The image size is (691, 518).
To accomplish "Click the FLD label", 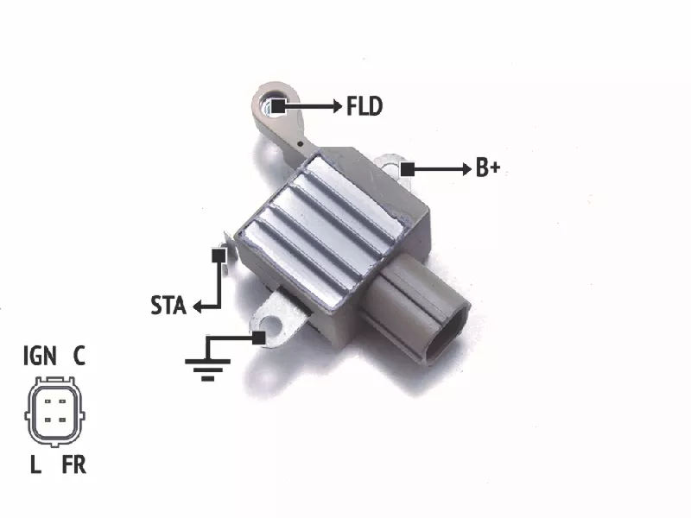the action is point(365,106).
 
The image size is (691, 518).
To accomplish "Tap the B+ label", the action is point(488,168).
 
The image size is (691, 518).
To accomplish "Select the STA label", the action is point(168,306).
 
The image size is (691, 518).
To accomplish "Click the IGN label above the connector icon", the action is point(40,356).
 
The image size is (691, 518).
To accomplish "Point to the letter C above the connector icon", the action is point(79,356).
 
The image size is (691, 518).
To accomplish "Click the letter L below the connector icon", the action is point(35,464).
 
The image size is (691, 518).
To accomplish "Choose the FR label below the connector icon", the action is point(74,464).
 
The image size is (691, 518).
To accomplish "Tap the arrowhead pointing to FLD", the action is point(338,106).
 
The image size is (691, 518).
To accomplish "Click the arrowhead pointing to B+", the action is point(467,169).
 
